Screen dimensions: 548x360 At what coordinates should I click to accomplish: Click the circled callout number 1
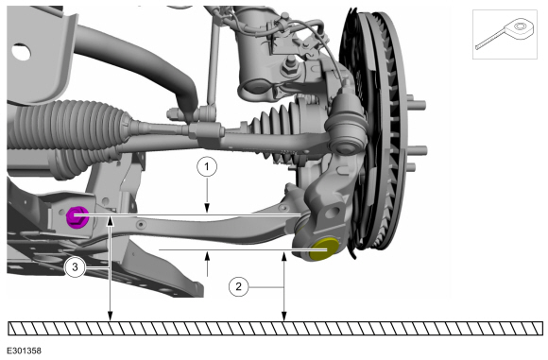click(207, 167)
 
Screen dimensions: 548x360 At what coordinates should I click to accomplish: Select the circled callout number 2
click(239, 287)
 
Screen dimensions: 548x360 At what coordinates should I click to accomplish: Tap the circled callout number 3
click(75, 267)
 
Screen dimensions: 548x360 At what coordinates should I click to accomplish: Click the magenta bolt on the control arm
click(77, 217)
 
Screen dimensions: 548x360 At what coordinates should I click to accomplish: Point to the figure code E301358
click(25, 351)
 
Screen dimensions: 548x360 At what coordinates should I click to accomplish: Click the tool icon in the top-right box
click(505, 34)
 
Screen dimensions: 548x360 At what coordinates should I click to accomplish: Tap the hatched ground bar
click(275, 329)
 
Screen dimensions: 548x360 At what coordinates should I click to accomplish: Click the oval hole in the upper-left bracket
click(21, 52)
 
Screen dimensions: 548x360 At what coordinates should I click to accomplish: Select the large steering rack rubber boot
click(70, 125)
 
